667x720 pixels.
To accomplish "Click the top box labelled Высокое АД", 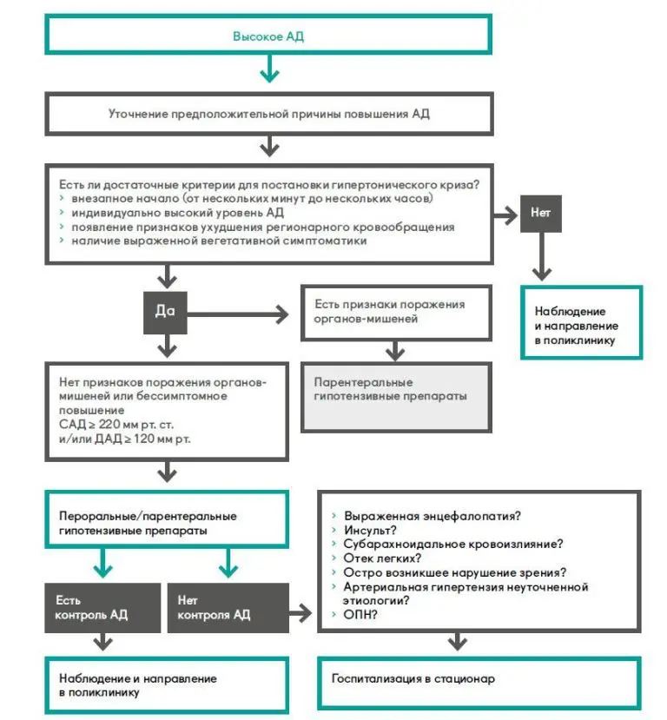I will pyautogui.click(x=269, y=36).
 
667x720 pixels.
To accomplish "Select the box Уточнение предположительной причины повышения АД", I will pyautogui.click(x=269, y=114).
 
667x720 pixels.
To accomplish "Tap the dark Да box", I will pyautogui.click(x=165, y=312).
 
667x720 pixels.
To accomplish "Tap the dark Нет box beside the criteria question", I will pyautogui.click(x=541, y=212).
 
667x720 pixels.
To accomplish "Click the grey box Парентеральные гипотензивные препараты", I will pyautogui.click(x=395, y=396).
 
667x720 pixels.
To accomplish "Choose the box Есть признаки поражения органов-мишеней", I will pyautogui.click(x=395, y=312).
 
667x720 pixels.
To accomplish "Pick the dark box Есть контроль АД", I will pyautogui.click(x=102, y=607).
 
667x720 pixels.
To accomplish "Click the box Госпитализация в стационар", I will pyautogui.click(x=479, y=683).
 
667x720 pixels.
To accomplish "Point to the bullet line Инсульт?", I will pyautogui.click(x=371, y=529).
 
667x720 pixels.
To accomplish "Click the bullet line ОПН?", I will pyautogui.click(x=366, y=615).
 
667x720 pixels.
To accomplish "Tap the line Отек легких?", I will pyautogui.click(x=383, y=558).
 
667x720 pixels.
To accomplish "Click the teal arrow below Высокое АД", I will pyautogui.click(x=269, y=70).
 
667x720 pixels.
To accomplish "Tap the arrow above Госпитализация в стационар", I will pyautogui.click(x=455, y=642).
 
